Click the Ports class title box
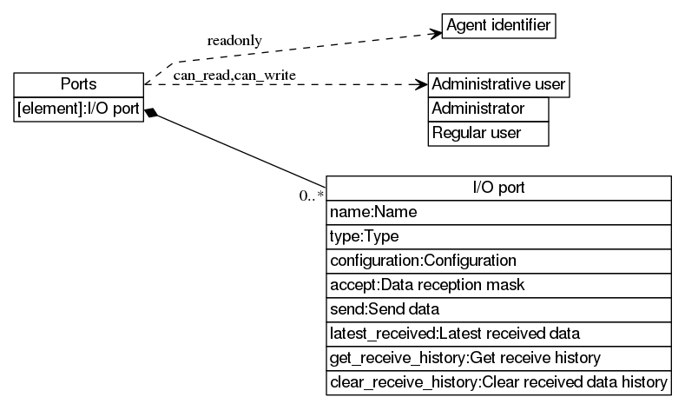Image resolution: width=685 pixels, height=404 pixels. click(x=78, y=84)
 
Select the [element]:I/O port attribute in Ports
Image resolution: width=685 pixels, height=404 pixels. click(x=78, y=109)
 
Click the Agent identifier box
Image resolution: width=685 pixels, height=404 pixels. click(x=498, y=26)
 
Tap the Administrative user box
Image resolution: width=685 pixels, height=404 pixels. click(x=498, y=84)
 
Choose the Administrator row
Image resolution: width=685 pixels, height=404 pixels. click(x=489, y=109)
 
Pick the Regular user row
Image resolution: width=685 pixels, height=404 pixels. click(x=489, y=133)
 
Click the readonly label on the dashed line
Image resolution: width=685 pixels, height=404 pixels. click(x=234, y=41)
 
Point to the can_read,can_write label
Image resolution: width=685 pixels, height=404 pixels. click(x=234, y=76)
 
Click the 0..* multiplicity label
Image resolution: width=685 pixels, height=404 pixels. click(x=311, y=195)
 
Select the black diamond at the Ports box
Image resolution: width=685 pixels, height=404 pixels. click(x=152, y=113)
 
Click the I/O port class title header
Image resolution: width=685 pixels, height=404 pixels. click(x=498, y=188)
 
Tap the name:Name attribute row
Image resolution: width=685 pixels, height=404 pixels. click(x=498, y=212)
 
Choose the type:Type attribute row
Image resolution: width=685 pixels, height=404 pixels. click(x=498, y=236)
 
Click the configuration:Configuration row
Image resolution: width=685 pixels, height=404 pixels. click(x=498, y=261)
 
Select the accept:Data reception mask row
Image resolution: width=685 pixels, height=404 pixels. click(x=498, y=285)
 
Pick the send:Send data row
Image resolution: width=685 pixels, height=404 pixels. click(x=498, y=309)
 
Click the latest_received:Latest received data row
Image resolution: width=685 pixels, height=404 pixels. click(x=498, y=334)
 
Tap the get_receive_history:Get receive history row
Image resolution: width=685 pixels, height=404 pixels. click(x=498, y=358)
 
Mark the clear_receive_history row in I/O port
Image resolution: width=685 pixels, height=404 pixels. click(x=498, y=382)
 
